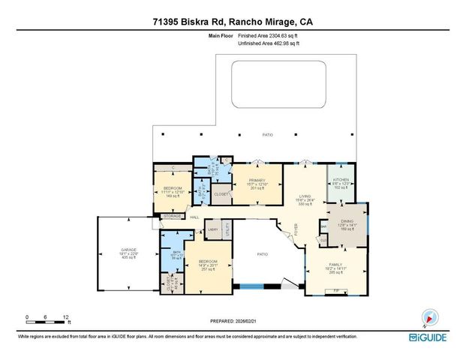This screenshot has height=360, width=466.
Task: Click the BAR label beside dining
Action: pos(323,225)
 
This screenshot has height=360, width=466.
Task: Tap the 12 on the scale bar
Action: pos(66,316)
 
